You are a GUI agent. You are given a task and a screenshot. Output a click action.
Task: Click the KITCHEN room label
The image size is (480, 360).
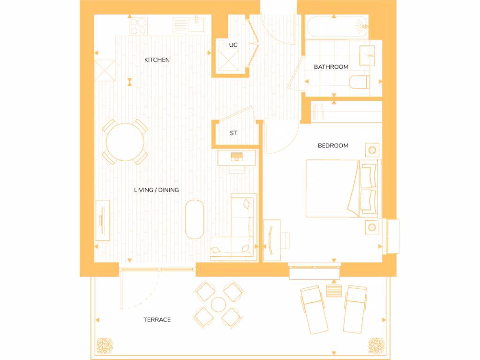coord(157,60)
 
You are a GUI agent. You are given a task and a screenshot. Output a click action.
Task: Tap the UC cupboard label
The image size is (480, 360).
coord(233,45)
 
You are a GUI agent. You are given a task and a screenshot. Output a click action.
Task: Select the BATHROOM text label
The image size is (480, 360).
coord(331,67)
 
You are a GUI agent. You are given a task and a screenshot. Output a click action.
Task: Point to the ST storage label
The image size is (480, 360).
coord(233,133)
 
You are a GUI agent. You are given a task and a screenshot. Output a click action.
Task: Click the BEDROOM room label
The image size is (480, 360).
coord(333,146)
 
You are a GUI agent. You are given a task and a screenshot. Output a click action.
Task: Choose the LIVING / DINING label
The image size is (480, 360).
coord(157,190)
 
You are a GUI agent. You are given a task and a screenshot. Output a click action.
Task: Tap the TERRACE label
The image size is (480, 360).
coord(157,320)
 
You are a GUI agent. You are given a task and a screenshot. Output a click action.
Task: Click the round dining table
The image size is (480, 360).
coord(125,142)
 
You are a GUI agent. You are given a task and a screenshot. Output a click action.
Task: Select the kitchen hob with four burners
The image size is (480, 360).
coord(138,25)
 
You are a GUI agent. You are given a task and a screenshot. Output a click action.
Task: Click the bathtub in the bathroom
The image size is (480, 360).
coord(337,26)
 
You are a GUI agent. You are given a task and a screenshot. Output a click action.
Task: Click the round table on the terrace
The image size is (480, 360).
coord(219,305)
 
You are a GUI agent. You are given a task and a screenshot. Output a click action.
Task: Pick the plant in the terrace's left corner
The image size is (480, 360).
coord(105,345)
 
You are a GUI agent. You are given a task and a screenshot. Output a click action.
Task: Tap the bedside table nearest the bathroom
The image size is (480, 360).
coord(372,150)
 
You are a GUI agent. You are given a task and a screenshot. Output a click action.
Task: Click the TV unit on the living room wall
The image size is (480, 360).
coord(102,220)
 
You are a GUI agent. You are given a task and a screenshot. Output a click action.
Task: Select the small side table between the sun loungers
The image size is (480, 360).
coord(334,290)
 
